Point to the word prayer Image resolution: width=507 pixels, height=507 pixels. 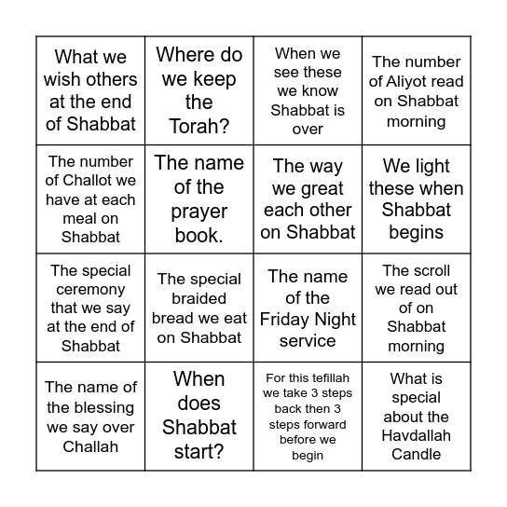click(198, 212)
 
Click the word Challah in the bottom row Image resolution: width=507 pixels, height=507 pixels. click(90, 446)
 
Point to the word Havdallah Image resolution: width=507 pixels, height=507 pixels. click(416, 435)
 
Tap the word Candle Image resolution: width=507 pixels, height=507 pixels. click(416, 454)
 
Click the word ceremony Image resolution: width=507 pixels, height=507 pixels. click(90, 290)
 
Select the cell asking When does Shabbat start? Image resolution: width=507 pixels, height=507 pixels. click(199, 416)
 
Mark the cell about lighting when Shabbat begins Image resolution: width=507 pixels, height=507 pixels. click(416, 199)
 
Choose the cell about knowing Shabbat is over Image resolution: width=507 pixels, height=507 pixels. click(308, 91)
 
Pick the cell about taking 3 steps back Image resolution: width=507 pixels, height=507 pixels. click(308, 416)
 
